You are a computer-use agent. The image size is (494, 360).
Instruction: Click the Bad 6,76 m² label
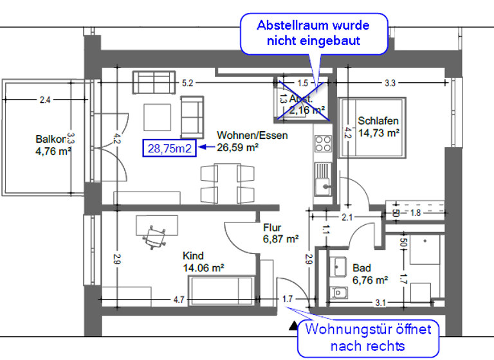(x=369, y=274)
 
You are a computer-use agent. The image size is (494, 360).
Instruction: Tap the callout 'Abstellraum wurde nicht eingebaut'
(x=313, y=33)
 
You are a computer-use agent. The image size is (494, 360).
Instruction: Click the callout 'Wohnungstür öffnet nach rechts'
(x=367, y=337)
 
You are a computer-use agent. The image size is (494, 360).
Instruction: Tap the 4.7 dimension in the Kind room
(x=179, y=300)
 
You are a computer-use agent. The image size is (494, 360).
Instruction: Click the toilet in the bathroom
(x=338, y=294)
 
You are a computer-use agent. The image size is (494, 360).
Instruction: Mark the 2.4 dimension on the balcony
(x=44, y=100)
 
